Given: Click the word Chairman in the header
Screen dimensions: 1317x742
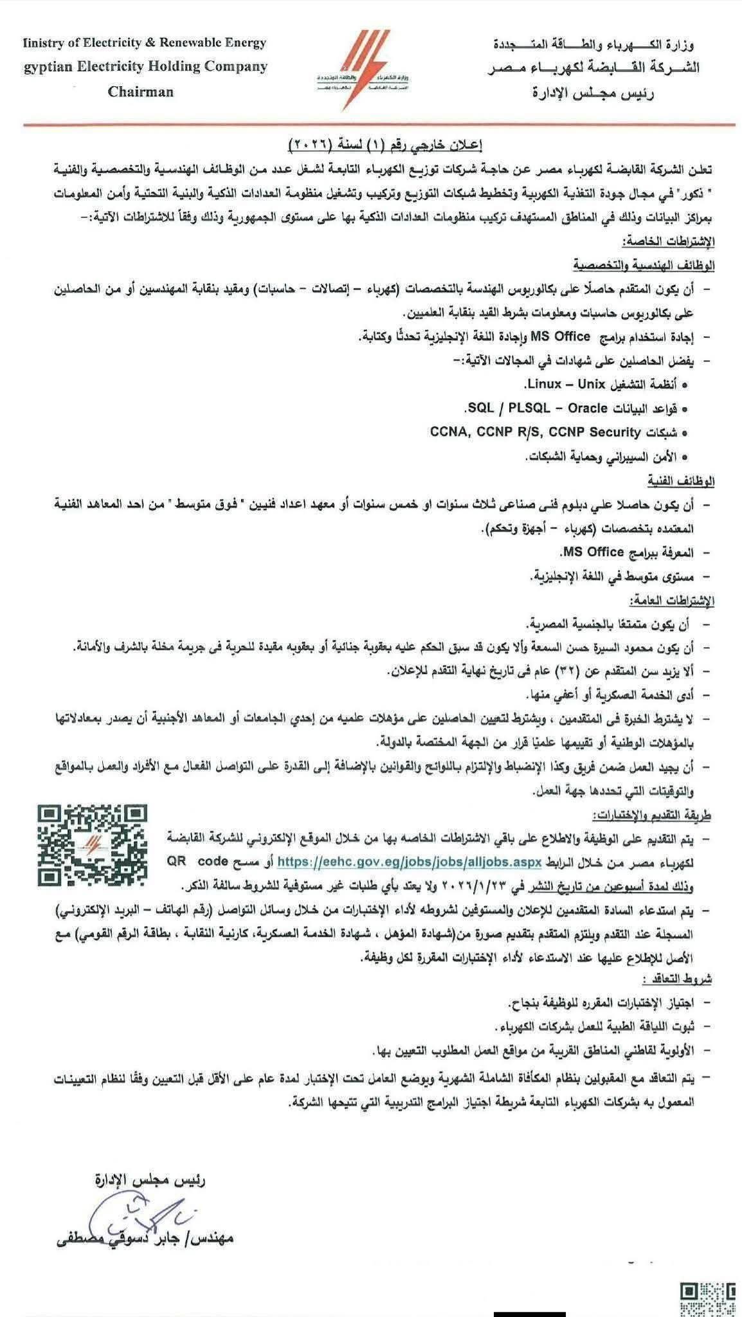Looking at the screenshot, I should click(140, 92).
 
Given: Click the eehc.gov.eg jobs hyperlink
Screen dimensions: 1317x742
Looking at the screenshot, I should click(410, 861).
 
